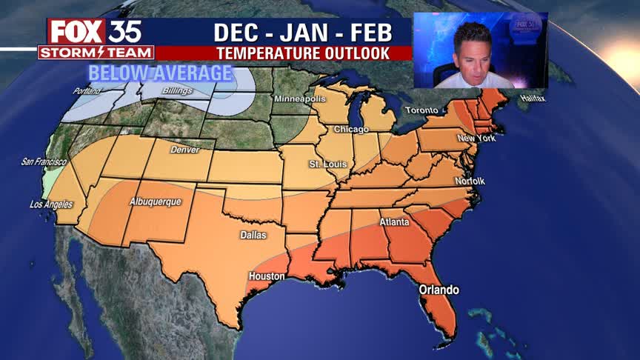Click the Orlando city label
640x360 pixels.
coord(439,290)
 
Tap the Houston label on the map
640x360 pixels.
coord(267,276)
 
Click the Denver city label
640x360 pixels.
coord(184,150)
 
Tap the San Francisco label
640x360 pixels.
coord(44,161)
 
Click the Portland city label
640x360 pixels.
coord(87,91)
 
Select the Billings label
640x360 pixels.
coord(177,91)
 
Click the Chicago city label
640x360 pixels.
coord(351,130)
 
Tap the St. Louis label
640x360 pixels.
coord(324,163)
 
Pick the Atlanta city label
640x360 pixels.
coord(395,221)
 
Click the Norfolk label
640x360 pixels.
coord(469,181)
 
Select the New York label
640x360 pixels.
coord(476,139)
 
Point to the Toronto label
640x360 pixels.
coord(421,110)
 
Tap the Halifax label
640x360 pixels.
coord(532,99)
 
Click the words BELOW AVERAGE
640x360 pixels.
coord(161,74)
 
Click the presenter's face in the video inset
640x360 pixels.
coord(472,50)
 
